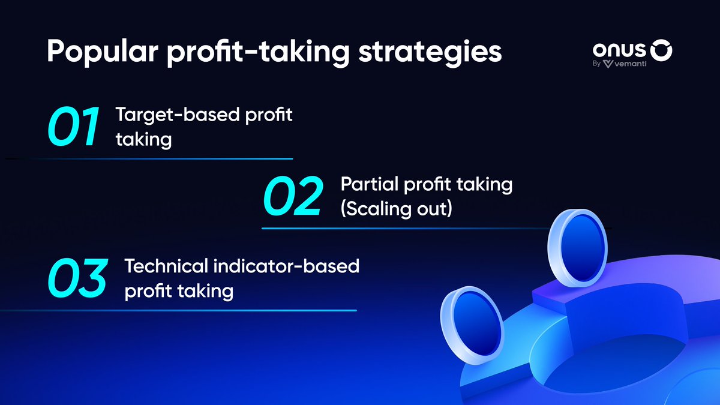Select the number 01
[x=73, y=128]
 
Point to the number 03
[x=77, y=278]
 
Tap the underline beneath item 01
[x=162, y=159]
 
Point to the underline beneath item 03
[x=180, y=310]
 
